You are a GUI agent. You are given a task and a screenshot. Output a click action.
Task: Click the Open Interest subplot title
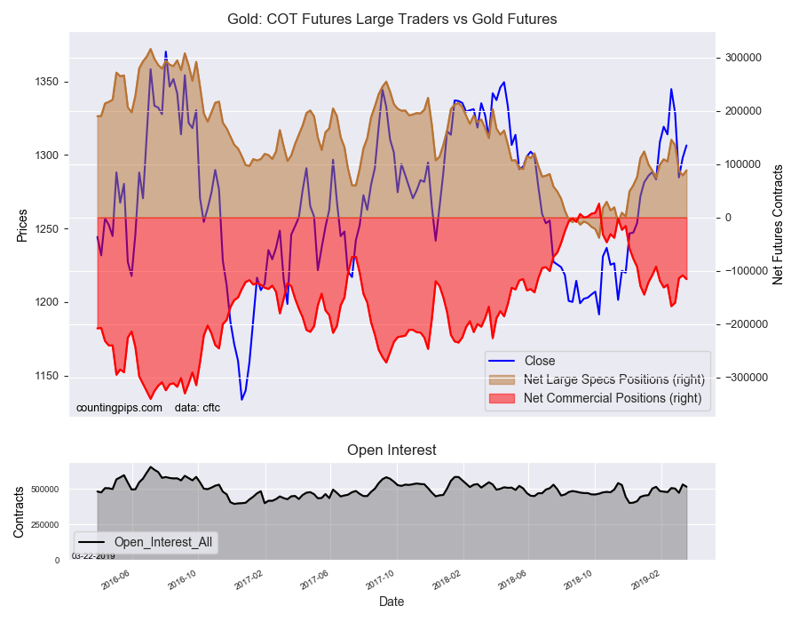[x=392, y=451]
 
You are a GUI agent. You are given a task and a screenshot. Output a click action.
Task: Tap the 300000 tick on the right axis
[x=743, y=58]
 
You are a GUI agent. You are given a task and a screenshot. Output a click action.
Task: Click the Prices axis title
[x=22, y=225]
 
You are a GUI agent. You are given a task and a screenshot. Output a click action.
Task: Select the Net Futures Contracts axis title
[x=778, y=224]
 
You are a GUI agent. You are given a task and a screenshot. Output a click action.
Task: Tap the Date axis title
[x=392, y=602]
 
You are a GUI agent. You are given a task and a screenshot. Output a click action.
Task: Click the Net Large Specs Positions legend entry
[x=613, y=379]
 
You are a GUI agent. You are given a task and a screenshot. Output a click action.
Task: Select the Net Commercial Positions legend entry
[x=613, y=398]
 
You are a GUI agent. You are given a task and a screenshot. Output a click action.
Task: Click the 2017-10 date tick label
[x=379, y=578]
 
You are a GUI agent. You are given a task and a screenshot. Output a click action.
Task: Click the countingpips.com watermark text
[x=119, y=407]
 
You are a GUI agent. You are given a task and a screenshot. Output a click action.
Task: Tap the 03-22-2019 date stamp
[x=93, y=556]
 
